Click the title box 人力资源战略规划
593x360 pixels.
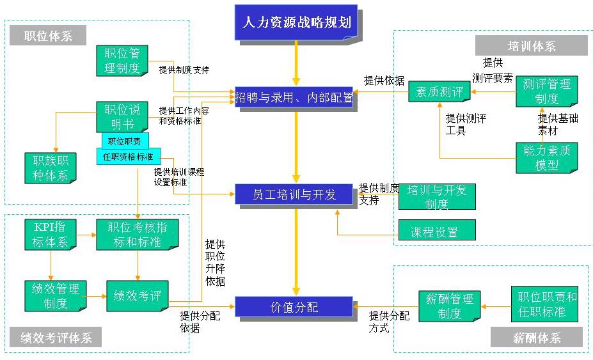(x=296, y=22)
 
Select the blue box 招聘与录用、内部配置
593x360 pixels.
(x=294, y=97)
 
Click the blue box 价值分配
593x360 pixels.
(x=294, y=307)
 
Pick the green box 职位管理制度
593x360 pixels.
(x=122, y=60)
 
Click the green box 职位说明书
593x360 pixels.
(x=122, y=116)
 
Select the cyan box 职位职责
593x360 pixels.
(x=125, y=141)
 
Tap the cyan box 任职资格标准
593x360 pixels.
(x=129, y=157)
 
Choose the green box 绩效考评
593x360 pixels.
(x=137, y=296)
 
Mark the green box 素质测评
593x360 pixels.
(x=439, y=91)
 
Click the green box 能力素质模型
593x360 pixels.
(x=547, y=157)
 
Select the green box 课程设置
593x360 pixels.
(x=437, y=231)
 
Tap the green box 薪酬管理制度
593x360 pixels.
(x=450, y=306)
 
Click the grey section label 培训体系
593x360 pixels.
(x=532, y=46)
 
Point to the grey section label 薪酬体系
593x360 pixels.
(x=537, y=338)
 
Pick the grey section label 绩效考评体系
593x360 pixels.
(x=56, y=338)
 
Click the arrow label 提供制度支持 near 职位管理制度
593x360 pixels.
(x=184, y=69)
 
